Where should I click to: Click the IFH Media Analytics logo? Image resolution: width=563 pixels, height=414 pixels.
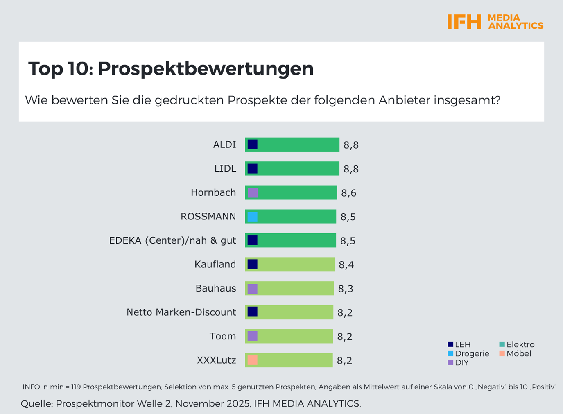pos(495,22)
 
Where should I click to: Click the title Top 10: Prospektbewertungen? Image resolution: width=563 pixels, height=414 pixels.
pos(171,68)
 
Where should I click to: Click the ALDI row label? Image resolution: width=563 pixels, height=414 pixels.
pos(224,145)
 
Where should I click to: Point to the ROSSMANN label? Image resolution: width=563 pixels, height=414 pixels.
pos(208,216)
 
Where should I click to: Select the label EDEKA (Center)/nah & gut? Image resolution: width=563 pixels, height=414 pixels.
pos(172,240)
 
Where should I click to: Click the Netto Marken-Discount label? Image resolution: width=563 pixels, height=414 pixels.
pos(181,312)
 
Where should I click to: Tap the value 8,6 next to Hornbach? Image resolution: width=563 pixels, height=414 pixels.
pos(348,193)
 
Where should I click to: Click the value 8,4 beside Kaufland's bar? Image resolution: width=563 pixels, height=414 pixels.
pos(346,265)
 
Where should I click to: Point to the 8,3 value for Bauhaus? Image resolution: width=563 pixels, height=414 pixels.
pos(345,289)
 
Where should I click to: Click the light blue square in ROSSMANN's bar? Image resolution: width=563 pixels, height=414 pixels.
pos(253,217)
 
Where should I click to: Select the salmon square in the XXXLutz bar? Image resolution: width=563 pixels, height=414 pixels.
pos(253,360)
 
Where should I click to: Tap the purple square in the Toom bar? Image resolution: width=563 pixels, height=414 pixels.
pos(253,336)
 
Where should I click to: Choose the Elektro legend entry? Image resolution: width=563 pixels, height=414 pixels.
pos(517,344)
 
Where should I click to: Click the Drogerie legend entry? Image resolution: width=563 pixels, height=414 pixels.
pos(468,353)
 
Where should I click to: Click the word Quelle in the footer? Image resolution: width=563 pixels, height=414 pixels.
pos(36,404)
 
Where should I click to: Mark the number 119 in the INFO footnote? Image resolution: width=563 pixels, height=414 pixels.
pos(76,387)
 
